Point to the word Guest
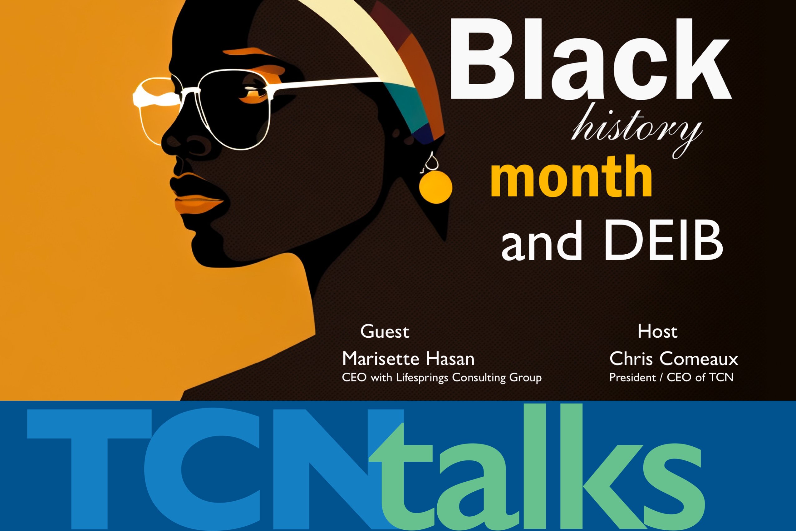pos(385,331)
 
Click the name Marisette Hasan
pos(408,359)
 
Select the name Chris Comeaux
pos(674,359)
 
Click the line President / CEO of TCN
pos(671,377)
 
